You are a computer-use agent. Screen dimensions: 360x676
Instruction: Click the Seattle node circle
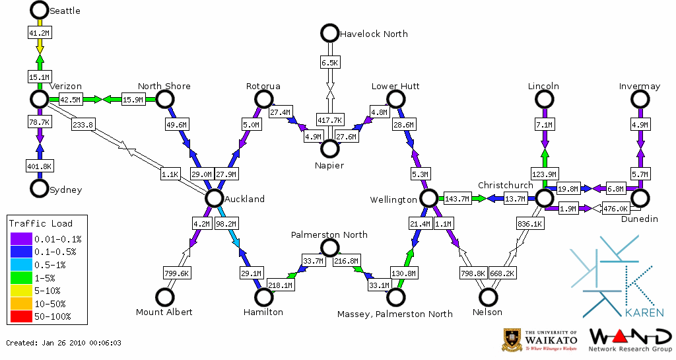point(40,10)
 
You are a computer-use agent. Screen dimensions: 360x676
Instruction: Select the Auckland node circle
point(214,198)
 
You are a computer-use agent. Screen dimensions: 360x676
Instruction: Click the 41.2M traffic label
point(39,32)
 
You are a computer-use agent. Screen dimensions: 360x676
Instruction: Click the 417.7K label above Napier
point(329,120)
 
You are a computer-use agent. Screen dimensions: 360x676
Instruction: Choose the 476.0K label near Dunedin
point(617,209)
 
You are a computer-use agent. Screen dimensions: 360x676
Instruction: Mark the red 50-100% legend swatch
point(20,316)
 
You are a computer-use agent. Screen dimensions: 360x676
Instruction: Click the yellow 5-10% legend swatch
point(20,291)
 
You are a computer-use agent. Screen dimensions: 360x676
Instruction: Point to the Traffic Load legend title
point(41,223)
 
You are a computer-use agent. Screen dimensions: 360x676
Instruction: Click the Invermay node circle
point(640,99)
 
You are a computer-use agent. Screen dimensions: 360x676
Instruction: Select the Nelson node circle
point(488,297)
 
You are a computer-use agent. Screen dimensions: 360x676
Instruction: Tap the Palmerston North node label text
point(329,234)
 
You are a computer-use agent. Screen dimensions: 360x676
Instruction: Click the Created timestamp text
point(63,343)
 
